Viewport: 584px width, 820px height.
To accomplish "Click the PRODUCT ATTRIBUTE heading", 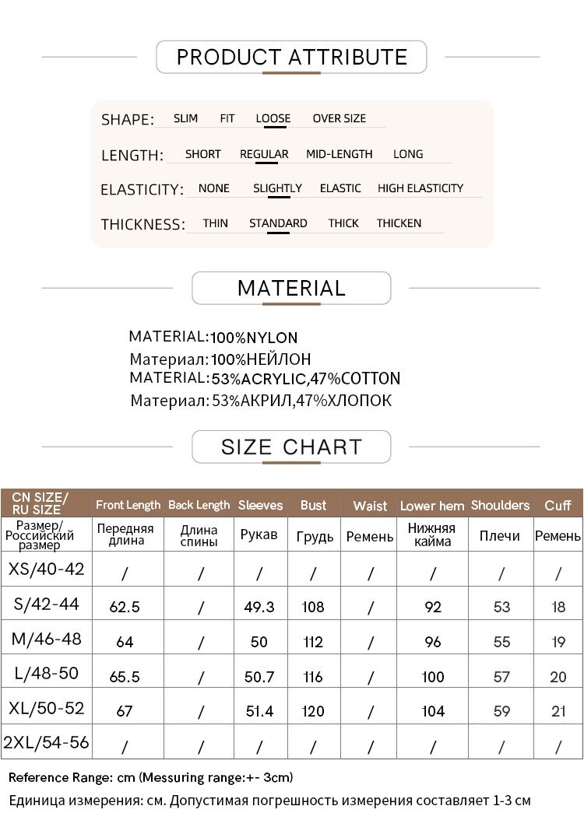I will pos(291,57).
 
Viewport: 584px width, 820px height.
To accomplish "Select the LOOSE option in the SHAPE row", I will pos(273,118).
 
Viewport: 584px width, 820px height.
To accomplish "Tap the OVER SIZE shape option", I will pos(339,118).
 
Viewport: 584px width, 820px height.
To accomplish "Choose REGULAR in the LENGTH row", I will pos(264,154).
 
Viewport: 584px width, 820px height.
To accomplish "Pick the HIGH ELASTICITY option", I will pos(420,188).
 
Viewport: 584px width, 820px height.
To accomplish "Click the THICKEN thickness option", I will pos(399,223).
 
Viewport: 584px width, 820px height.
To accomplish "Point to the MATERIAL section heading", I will pos(291,288).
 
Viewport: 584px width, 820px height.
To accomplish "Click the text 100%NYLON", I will pos(254,338).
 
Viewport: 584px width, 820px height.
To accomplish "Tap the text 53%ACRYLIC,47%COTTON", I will pos(305,379).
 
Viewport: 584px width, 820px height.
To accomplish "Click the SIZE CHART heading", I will pos(291,447).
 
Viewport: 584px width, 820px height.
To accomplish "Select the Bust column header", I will pos(313,505).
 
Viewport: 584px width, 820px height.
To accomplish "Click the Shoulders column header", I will pos(500,505).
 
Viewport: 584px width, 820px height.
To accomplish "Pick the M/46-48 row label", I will pos(46,640).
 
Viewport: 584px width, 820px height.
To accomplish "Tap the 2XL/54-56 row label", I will pos(46,742).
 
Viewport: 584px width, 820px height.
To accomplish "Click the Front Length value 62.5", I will pos(125,607).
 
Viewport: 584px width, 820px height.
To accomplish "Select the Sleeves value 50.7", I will pos(259,677).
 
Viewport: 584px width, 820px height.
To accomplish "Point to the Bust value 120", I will pos(313,711).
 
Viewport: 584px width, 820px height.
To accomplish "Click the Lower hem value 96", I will pos(433,642).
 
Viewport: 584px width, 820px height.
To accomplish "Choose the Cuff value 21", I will pos(558,711).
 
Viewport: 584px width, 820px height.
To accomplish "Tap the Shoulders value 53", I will pos(501,607).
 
